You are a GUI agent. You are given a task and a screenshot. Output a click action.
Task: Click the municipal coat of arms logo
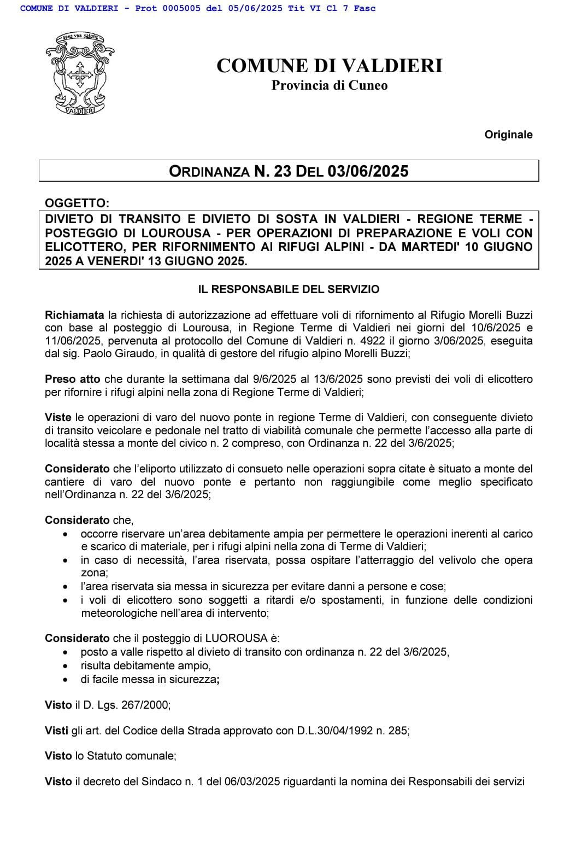tap(79, 73)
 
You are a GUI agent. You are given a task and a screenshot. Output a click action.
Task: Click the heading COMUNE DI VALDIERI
tap(329, 66)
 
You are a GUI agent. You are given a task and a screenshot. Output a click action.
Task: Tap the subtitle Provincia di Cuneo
tap(329, 85)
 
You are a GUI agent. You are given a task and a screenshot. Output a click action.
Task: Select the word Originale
tap(508, 135)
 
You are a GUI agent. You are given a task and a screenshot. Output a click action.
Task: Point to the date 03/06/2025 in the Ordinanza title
tap(368, 171)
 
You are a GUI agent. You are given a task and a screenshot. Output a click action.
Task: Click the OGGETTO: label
tap(77, 203)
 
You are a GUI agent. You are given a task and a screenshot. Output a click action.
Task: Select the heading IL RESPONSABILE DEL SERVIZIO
tap(289, 289)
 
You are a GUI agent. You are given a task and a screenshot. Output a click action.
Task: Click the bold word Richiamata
tap(74, 315)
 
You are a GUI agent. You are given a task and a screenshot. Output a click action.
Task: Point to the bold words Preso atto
tap(73, 379)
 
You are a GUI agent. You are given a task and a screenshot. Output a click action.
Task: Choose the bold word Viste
tap(58, 417)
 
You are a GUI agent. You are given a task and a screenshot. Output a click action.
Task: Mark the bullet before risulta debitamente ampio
tap(66, 666)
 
